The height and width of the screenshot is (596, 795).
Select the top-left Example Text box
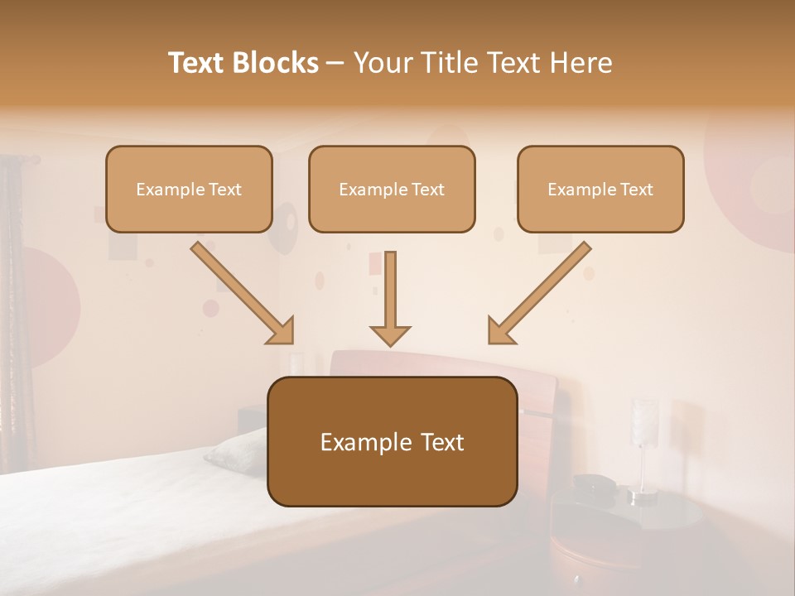click(189, 190)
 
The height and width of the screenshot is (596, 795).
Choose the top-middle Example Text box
click(392, 190)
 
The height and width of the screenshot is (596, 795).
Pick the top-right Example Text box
click(600, 190)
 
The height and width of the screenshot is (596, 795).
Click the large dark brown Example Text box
click(392, 442)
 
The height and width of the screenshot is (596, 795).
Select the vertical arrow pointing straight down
click(390, 298)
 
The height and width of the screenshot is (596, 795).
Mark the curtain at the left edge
click(15, 315)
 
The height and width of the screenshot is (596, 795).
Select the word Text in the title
click(200, 63)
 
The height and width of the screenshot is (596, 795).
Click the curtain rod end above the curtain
click(35, 158)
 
